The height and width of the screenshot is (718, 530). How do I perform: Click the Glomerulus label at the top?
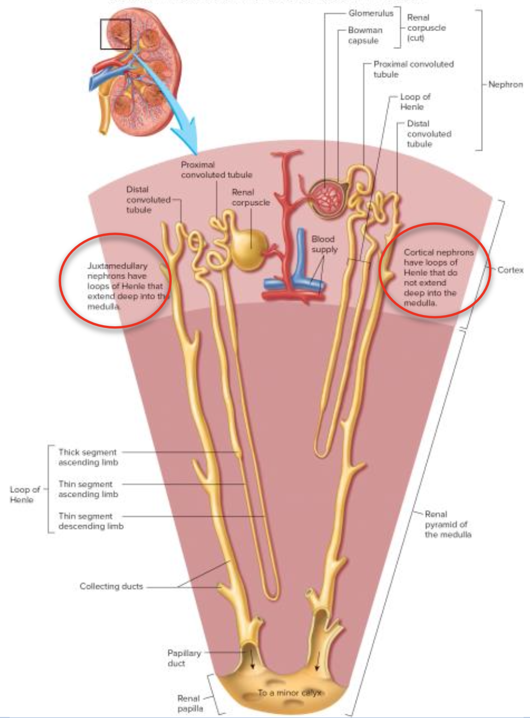tap(371, 13)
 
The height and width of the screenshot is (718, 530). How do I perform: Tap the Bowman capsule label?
tap(365, 35)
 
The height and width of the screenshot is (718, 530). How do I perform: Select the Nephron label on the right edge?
tap(505, 85)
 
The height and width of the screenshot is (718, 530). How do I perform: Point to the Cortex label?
tap(510, 270)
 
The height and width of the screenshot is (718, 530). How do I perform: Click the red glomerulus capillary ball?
tap(328, 198)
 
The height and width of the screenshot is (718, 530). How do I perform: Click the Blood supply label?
tap(324, 244)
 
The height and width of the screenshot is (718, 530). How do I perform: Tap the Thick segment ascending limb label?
tap(88, 457)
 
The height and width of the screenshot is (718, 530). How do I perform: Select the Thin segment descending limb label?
tap(90, 521)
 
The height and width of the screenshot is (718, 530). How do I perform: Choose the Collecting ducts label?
tap(111, 586)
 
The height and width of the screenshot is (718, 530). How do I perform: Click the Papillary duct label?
tap(183, 658)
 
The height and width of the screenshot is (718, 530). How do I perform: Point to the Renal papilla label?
tap(190, 703)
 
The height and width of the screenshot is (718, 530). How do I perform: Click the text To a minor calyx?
tap(290, 693)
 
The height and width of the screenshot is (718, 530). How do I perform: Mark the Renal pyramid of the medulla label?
tap(447, 524)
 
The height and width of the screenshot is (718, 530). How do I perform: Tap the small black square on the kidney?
tap(115, 34)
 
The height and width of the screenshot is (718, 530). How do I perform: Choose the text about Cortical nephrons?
tap(437, 277)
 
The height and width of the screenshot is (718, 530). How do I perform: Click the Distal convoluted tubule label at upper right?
tap(428, 133)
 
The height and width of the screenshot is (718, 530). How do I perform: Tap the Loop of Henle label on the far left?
tap(25, 494)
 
